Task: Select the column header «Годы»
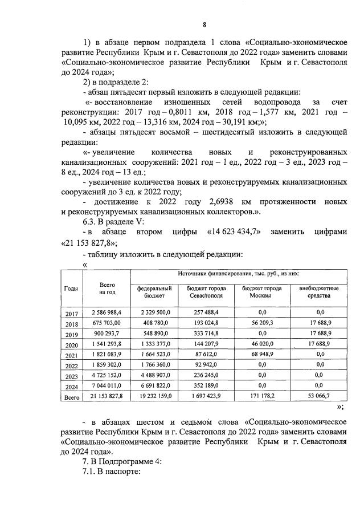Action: (72, 289)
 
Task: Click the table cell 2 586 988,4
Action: (107, 313)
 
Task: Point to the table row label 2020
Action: (72, 345)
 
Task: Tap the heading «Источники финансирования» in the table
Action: (236, 274)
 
